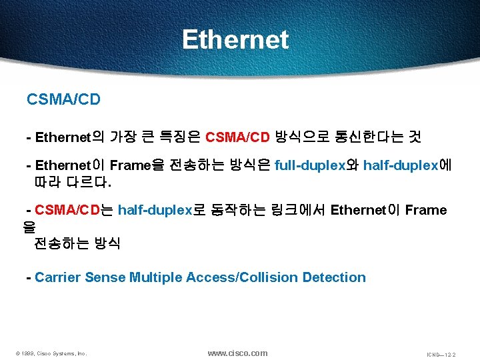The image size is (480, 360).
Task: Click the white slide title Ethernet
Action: [235, 39]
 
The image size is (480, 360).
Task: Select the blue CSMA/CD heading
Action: [63, 100]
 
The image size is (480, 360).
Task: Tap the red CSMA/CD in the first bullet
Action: [237, 138]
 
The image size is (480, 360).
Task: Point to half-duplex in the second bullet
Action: [401, 165]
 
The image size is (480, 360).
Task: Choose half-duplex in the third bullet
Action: [155, 211]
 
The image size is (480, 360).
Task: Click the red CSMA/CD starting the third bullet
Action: [66, 211]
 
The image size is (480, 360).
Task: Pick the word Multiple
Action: [157, 277]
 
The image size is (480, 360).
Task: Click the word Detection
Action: [334, 277]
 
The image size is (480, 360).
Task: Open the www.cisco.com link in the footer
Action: [237, 353]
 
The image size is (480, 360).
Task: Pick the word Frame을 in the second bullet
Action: [135, 165]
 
